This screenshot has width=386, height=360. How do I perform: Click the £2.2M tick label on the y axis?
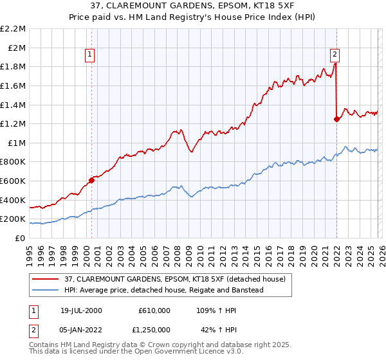(13, 29)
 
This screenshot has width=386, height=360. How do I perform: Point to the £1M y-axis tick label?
(16, 143)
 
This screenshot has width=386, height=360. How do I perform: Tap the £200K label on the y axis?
(13, 219)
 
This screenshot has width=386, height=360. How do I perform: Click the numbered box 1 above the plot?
(89, 55)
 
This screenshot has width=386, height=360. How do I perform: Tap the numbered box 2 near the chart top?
(335, 55)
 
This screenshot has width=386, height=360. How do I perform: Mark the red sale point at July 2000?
(91, 180)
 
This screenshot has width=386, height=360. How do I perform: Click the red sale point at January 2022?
(336, 119)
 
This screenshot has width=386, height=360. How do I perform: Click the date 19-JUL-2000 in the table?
(81, 310)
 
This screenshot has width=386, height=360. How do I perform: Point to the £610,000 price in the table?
(154, 310)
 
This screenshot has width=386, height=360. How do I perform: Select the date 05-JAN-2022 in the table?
(81, 330)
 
